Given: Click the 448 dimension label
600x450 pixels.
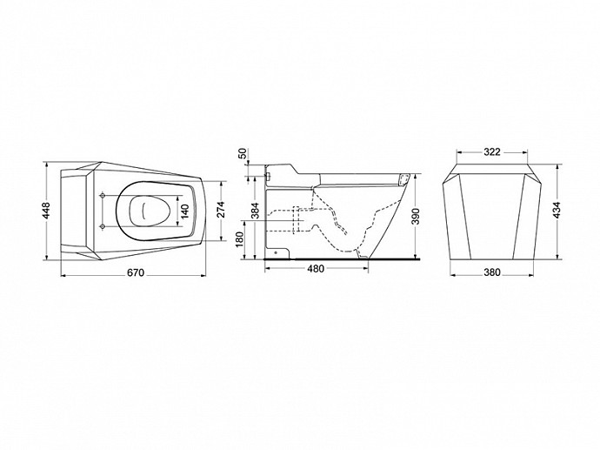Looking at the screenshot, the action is coord(46,211).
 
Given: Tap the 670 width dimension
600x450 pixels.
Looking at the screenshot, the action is coord(136,272).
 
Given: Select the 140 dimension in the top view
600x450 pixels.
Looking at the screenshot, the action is coord(185,212).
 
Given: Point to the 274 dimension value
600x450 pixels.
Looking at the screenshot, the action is coord(221,209).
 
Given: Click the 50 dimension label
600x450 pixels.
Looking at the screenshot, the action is coord(243,154).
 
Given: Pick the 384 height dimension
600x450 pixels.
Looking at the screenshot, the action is coord(256,211).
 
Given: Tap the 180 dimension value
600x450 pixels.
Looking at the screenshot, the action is coord(240,239).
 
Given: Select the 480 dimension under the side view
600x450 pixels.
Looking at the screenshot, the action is coord(316,269).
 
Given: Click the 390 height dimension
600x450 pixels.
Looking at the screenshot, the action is coord(417,217).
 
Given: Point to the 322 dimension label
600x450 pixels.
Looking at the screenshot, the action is coord(492,152).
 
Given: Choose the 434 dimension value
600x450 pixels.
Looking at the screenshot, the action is coord(557,211).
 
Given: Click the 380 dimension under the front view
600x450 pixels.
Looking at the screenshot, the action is coord(492,272).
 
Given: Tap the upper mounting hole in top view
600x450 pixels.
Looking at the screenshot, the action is coord(102,196).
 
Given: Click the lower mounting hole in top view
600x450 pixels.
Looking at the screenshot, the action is coord(102,226).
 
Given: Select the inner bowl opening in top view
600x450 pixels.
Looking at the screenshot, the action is coord(150,211).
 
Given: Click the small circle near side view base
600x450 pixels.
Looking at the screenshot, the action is coord(276,252).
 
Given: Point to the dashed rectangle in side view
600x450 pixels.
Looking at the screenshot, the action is coord(297,220).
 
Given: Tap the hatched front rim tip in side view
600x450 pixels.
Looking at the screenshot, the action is coord(404,179).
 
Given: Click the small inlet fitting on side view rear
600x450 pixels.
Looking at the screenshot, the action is coord(268,177).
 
